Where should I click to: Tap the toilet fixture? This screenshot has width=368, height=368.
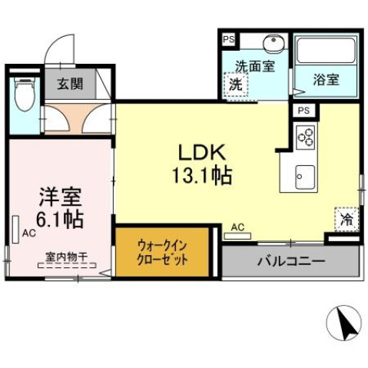[x=25, y=95]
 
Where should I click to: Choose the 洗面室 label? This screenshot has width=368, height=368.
[x=254, y=66]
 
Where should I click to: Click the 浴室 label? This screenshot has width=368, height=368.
[x=327, y=78]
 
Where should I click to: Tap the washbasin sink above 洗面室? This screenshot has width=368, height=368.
[x=273, y=44]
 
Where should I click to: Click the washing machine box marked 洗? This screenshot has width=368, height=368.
[x=237, y=85]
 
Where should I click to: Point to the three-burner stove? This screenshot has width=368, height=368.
[x=306, y=138]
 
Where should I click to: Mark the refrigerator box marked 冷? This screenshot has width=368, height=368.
[x=346, y=219]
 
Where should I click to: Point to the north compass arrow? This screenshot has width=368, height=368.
[x=346, y=325]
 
